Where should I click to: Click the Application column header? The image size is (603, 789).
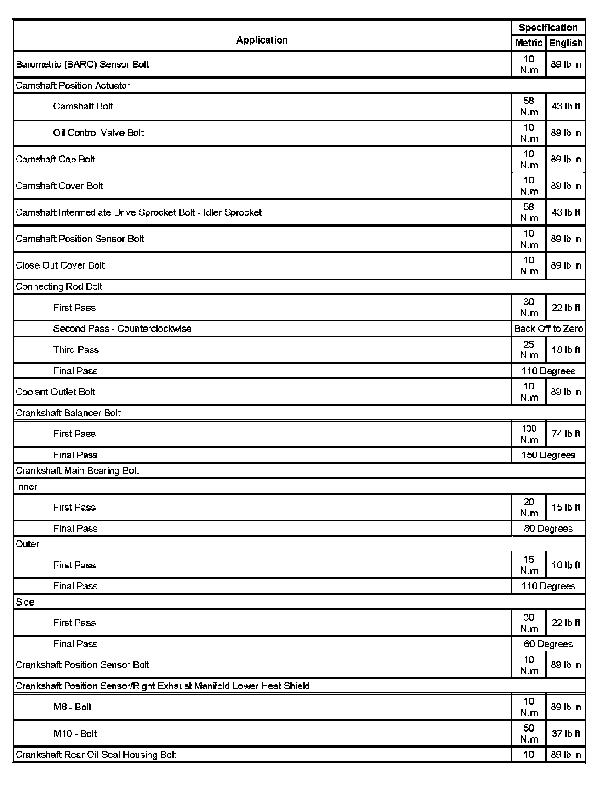click(262, 40)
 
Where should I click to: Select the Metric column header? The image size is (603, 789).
click(529, 43)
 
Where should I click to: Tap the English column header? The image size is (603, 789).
click(566, 43)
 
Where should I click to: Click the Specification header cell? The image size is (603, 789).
click(548, 28)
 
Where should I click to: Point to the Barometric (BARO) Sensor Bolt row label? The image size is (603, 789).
click(82, 64)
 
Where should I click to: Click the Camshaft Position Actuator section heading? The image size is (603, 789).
click(73, 86)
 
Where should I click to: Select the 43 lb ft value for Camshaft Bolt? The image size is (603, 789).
click(566, 106)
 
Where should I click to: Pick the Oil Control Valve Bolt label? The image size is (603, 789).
click(98, 133)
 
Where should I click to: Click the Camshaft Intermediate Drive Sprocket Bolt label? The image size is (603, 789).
click(138, 212)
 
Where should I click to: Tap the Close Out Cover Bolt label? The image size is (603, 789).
click(60, 265)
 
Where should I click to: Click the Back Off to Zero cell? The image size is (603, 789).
click(548, 329)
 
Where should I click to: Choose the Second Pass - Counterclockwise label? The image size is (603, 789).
click(122, 329)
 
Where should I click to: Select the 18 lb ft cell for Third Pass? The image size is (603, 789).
click(566, 350)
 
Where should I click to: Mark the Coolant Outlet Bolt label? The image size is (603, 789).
click(55, 392)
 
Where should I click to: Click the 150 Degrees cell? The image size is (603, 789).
click(548, 455)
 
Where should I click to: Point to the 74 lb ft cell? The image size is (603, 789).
click(566, 434)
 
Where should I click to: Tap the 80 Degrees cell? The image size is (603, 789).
click(548, 529)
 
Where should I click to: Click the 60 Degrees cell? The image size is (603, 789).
click(548, 644)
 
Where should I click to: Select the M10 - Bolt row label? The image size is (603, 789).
click(75, 734)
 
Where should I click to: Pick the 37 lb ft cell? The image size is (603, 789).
click(566, 734)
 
